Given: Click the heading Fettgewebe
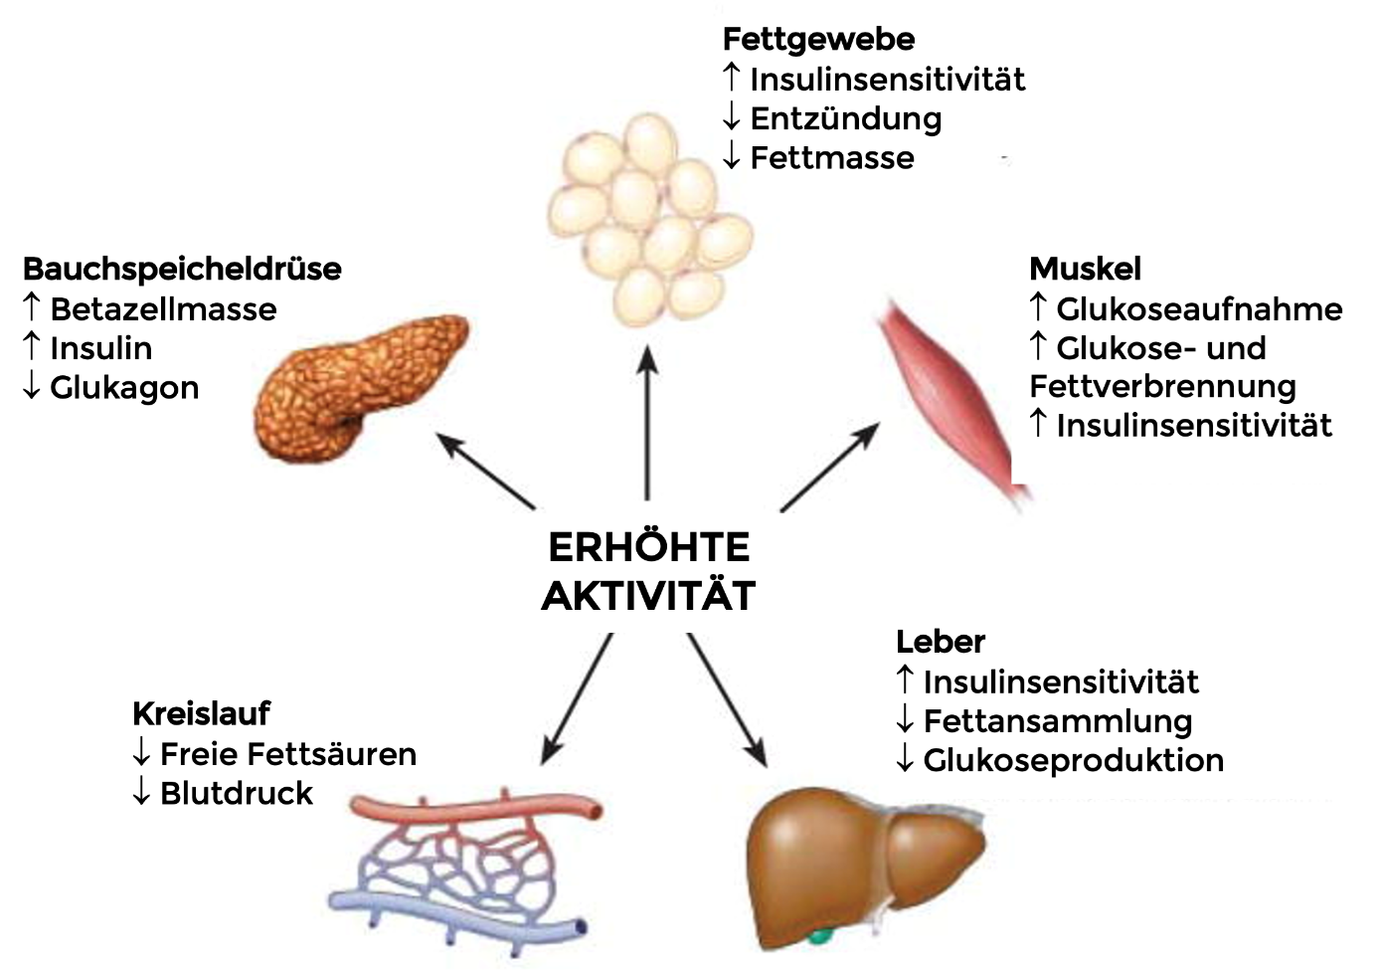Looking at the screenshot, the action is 819,41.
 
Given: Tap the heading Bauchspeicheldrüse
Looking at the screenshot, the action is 182,270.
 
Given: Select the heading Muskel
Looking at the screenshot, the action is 1085,269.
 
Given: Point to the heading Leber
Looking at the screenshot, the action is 941,642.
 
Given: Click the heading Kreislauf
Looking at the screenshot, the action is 201,714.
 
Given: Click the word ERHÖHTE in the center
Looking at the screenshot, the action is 649,547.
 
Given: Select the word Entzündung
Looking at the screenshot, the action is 846,119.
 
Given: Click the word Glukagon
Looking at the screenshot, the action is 124,388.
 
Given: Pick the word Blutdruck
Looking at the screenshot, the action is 237,793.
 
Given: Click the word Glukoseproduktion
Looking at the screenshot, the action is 1074,761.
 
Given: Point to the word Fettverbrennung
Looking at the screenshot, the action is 1162,387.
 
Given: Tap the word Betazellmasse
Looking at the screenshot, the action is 164,309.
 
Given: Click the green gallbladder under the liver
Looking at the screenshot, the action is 819,937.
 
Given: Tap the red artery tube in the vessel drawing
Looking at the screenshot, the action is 477,807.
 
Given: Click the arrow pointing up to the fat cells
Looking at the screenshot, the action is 647,423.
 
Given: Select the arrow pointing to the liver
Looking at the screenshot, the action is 727,699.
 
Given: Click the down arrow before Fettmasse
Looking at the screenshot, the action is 731,157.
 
